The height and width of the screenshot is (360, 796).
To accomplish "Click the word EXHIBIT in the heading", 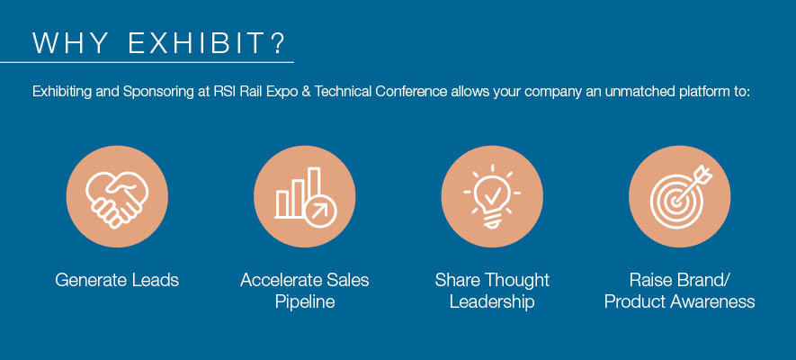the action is (x=195, y=43).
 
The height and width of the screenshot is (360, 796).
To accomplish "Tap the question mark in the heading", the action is (x=278, y=43).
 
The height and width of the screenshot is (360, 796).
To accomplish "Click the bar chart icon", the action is (x=306, y=198).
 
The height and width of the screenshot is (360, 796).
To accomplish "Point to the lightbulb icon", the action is (x=492, y=196).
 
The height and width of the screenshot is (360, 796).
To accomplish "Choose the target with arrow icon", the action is (x=681, y=196).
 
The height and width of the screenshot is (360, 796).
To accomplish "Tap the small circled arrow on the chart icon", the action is (x=321, y=211).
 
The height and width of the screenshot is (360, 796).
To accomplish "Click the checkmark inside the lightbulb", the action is (x=493, y=193).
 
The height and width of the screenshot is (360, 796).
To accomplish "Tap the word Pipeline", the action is (x=305, y=302).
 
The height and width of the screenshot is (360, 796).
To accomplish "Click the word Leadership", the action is (x=492, y=302).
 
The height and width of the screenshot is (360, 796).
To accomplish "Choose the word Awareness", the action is (x=712, y=302).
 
